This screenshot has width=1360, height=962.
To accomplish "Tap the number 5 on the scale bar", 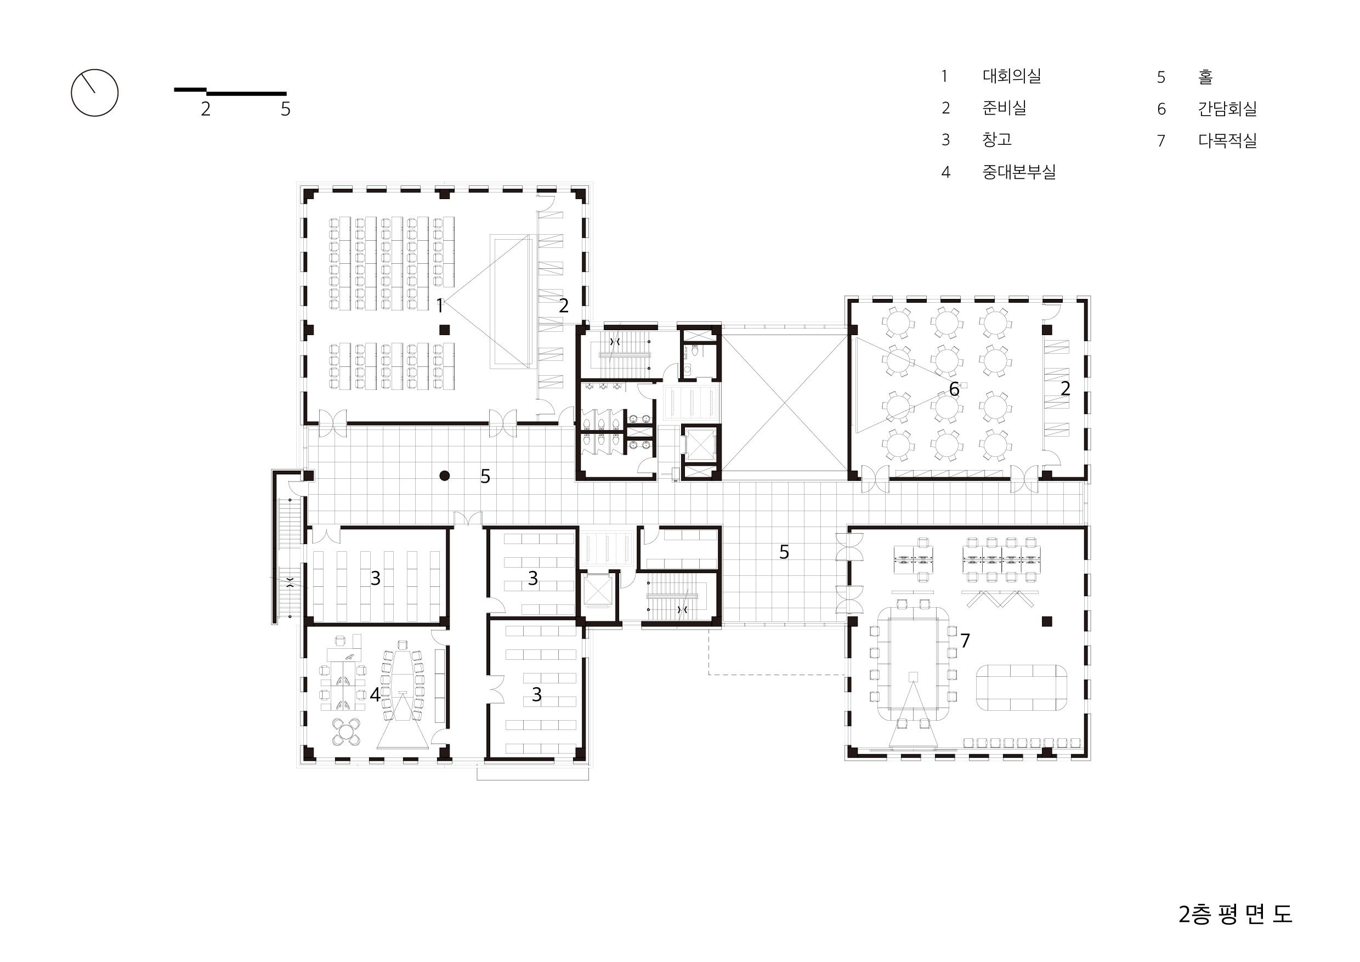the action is [x=286, y=109].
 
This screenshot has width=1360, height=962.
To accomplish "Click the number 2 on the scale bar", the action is [x=206, y=109].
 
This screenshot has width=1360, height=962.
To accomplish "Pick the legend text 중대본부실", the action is [x=1019, y=172].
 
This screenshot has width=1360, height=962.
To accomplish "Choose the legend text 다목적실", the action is [x=1227, y=141].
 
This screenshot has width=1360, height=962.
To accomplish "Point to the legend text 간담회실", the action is [x=1227, y=109].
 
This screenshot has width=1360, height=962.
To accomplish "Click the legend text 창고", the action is [x=997, y=140].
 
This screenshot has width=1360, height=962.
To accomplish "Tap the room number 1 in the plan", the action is [x=439, y=306].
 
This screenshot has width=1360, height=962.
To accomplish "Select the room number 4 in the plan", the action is [x=375, y=694].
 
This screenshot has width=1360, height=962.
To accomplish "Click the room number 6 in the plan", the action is [x=954, y=389].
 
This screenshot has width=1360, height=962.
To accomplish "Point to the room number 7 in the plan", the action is [x=965, y=641].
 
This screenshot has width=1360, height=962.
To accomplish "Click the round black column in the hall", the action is [x=445, y=475].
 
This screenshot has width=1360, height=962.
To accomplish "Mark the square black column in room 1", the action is [x=444, y=330].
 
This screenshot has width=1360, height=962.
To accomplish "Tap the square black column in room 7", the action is [x=1047, y=621].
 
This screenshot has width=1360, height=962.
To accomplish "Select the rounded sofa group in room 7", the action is [x=1022, y=688].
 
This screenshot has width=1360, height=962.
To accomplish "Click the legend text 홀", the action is [x=1205, y=77].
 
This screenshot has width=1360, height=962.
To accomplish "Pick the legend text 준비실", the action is [x=1004, y=108].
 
